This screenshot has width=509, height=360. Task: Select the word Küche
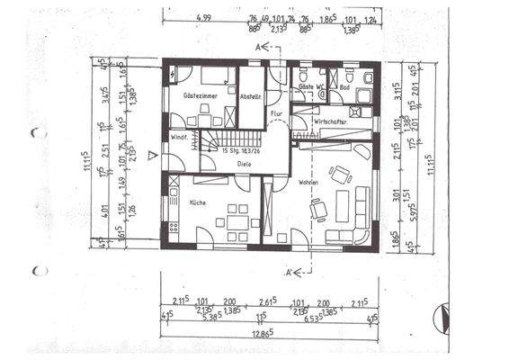click(198, 202)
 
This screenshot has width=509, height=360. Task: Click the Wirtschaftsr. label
click(330, 121)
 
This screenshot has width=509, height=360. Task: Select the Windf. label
click(177, 137)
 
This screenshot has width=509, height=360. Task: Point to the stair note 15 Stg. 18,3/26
click(241, 152)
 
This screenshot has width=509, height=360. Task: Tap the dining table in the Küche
click(237, 220)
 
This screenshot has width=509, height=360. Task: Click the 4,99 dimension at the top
click(204, 17)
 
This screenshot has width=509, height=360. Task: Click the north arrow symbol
click(440, 315)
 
